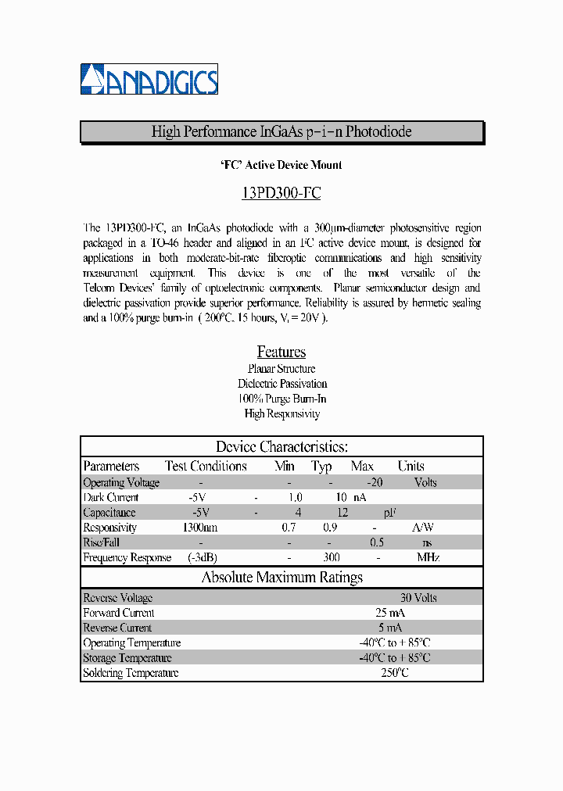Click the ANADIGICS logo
click(x=149, y=79)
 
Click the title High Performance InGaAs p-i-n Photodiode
click(x=281, y=132)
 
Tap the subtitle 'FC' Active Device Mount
click(x=281, y=165)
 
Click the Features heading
click(x=281, y=352)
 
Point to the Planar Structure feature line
click(x=281, y=369)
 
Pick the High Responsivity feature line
click(x=281, y=414)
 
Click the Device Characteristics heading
click(x=281, y=447)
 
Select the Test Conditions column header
click(x=206, y=467)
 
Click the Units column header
click(x=411, y=467)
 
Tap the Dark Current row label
click(x=110, y=497)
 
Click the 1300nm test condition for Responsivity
click(x=199, y=528)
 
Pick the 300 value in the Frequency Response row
click(x=332, y=558)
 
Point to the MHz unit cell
click(x=427, y=558)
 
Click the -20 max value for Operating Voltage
click(x=375, y=482)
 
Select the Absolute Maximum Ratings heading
click(x=281, y=578)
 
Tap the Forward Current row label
click(x=118, y=613)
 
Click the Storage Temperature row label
click(x=127, y=658)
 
